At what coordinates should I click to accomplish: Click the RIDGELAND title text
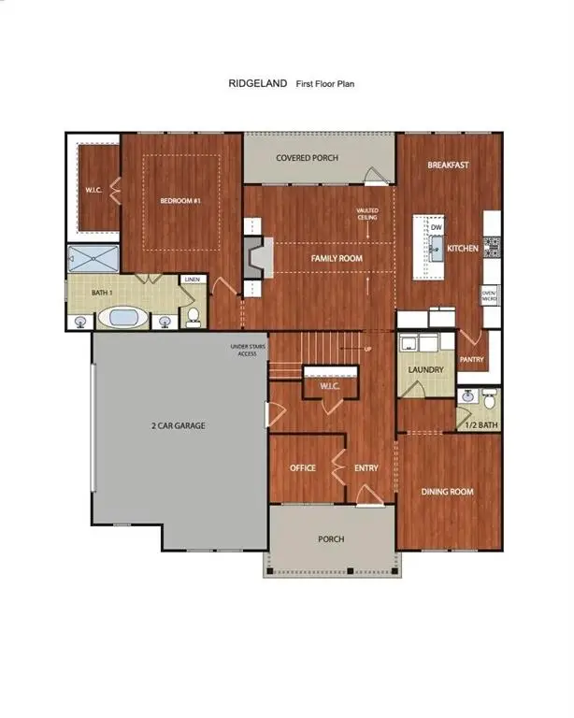point(257,83)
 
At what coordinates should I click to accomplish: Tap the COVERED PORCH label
point(307,158)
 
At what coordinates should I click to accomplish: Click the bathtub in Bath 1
point(124,318)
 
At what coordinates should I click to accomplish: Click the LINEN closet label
point(193,280)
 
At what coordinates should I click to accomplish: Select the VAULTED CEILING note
point(367,214)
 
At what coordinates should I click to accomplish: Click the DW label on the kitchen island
point(436,227)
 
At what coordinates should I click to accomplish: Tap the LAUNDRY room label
point(425,369)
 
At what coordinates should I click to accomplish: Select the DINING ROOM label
point(447,492)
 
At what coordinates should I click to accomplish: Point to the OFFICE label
point(302,468)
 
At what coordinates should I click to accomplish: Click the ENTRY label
point(366,468)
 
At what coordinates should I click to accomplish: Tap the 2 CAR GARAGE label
point(178,426)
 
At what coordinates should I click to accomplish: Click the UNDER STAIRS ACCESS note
point(250,350)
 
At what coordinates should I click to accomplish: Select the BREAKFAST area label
point(448,165)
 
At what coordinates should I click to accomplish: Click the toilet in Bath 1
point(194,316)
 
